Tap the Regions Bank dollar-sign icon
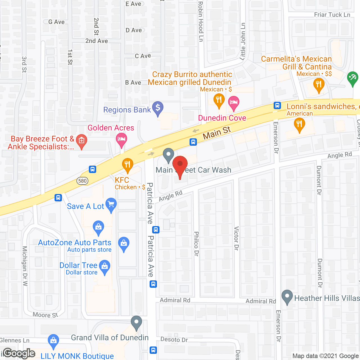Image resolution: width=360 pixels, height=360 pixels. tap(158, 108)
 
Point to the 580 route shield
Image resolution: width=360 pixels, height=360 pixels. tap(82, 181)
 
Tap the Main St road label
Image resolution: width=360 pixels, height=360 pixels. tap(217, 132)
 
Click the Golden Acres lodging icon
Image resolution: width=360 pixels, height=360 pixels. tap(121, 139)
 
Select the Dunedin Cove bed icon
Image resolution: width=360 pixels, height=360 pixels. tap(233, 102)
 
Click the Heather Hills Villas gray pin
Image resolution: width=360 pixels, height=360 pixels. tap(287, 296)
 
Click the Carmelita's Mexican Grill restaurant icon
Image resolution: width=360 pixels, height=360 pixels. tap(319, 85)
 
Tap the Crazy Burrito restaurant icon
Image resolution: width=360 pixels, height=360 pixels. tap(219, 100)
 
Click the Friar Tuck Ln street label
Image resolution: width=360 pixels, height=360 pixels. tap(332, 15)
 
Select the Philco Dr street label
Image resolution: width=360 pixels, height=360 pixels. tap(196, 244)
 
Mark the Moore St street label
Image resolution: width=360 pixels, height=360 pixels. tap(45, 315)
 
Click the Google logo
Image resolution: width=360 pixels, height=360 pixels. tap(19, 353)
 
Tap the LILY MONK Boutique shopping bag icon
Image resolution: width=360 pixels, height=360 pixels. tap(53, 341)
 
